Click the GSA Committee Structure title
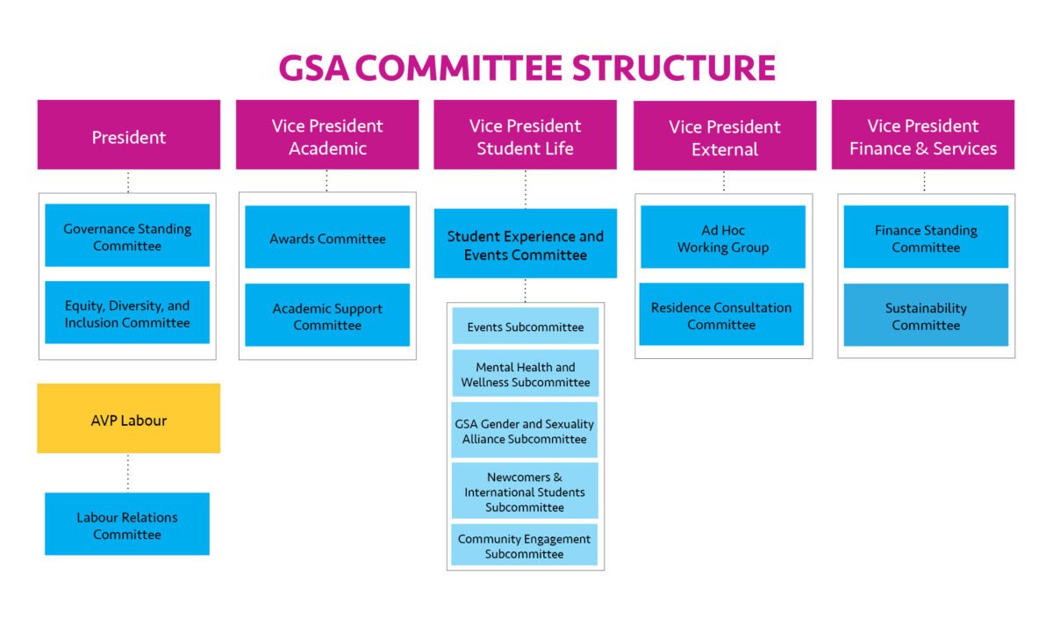coord(526,68)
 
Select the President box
coord(129,135)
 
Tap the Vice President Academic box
coord(327,135)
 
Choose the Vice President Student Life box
coord(525,135)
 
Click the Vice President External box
coord(725,137)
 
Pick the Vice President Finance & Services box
coord(923,135)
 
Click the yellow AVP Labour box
coord(129,419)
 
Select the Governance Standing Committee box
coord(127,236)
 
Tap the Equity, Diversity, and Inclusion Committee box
coord(127,313)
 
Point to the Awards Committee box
coord(327,238)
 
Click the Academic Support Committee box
coord(327,315)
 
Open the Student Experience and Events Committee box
coord(525,244)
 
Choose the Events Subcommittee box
coord(525,327)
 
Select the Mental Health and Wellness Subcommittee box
coord(525,374)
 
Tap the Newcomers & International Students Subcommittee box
coord(525,492)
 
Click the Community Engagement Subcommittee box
coord(524,545)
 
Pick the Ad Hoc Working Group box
coord(723,238)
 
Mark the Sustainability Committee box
coord(926,315)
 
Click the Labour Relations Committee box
coord(127,524)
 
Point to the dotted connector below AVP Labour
coord(128,473)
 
